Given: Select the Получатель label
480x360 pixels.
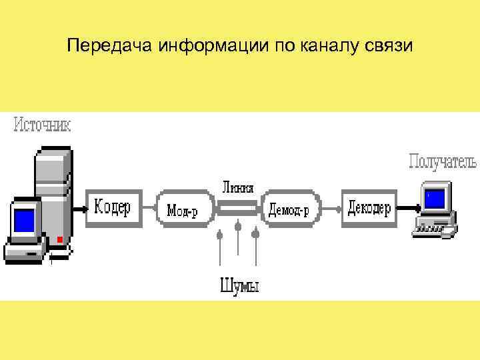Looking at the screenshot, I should pyautogui.click(x=442, y=161).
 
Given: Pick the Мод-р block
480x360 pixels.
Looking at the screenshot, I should pyautogui.click(x=182, y=208).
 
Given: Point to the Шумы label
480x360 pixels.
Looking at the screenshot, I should pyautogui.click(x=239, y=286).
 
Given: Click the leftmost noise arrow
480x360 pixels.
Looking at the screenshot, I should pyautogui.click(x=220, y=250).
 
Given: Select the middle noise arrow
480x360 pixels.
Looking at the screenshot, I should pyautogui.click(x=238, y=247).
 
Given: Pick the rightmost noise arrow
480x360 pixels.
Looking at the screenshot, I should pyautogui.click(x=256, y=250).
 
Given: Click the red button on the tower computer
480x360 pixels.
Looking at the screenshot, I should pyautogui.click(x=59, y=239).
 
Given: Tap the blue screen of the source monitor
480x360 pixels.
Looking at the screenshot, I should pyautogui.click(x=24, y=219).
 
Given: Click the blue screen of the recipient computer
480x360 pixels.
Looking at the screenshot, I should pyautogui.click(x=435, y=198).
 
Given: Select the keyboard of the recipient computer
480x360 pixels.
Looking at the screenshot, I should pyautogui.click(x=434, y=229).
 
